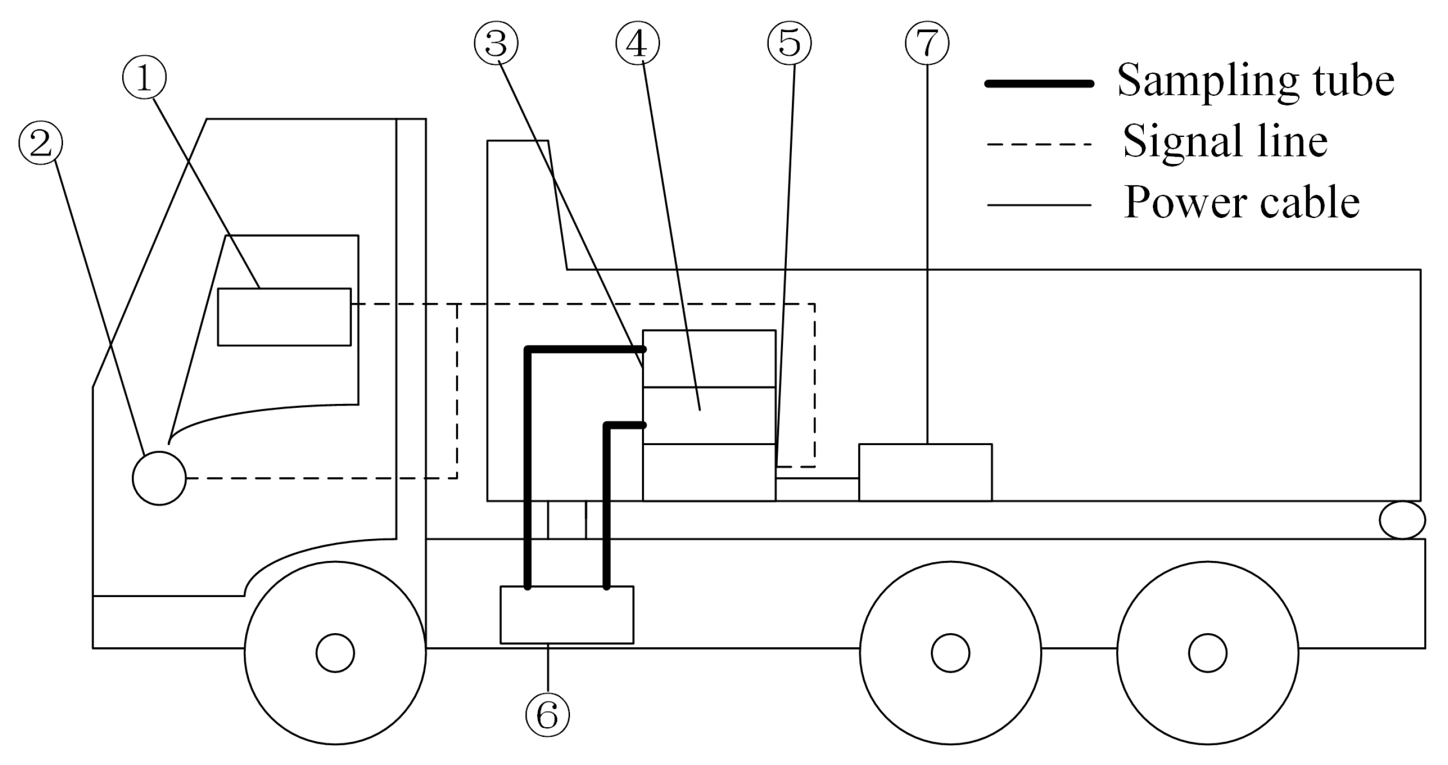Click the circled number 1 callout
144,79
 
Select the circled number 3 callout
496,43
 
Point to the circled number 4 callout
638,43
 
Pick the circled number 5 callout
789,43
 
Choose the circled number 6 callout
547,715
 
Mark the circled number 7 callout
927,43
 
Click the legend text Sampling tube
1255,81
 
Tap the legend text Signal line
1226,142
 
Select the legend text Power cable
1242,203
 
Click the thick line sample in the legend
1039,83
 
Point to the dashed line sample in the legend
1039,145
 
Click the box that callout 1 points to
284,317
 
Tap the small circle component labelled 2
159,478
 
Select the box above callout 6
567,615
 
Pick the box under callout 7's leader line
925,472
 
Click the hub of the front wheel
335,653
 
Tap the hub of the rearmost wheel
1208,653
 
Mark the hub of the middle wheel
950,653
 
